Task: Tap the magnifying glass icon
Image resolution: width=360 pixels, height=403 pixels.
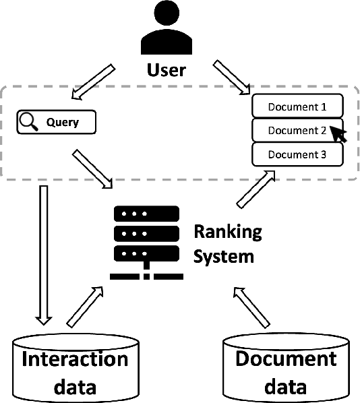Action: pyautogui.click(x=28, y=122)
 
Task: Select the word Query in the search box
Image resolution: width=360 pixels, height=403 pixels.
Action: pyautogui.click(x=62, y=123)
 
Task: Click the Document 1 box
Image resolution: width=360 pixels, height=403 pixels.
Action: pyautogui.click(x=297, y=106)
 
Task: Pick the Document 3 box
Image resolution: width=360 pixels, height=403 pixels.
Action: pyautogui.click(x=297, y=154)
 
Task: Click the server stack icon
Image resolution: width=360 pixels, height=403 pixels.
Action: pyautogui.click(x=146, y=239)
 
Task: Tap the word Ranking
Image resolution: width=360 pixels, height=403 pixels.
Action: pyautogui.click(x=227, y=232)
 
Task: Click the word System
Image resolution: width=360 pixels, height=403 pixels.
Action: pyautogui.click(x=224, y=256)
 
